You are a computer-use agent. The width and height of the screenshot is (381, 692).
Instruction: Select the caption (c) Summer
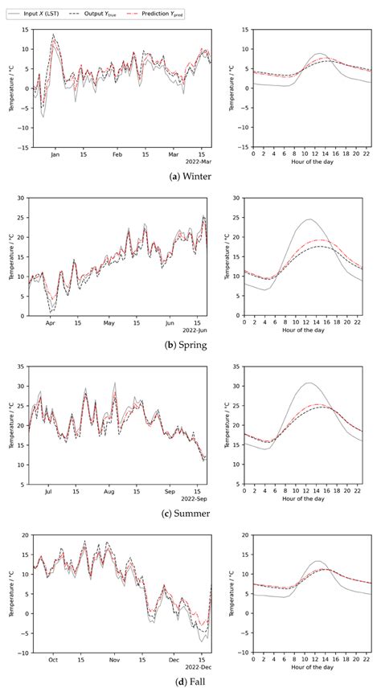click(x=190, y=514)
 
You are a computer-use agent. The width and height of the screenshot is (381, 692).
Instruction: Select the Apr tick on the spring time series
click(x=51, y=323)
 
